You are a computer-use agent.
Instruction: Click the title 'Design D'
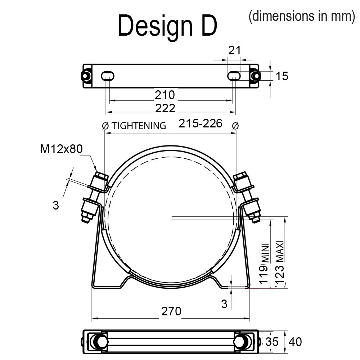pyautogui.click(x=167, y=26)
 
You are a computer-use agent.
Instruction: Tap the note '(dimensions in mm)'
pyautogui.click(x=302, y=16)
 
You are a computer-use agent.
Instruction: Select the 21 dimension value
pyautogui.click(x=234, y=50)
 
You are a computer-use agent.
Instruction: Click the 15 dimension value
pyautogui.click(x=282, y=76)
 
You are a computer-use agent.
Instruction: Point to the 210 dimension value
pyautogui.click(x=165, y=95)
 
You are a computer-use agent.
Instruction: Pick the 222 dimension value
pyautogui.click(x=165, y=108)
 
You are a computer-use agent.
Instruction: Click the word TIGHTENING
pyautogui.click(x=139, y=126)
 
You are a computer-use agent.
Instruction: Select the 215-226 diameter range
pyautogui.click(x=201, y=123)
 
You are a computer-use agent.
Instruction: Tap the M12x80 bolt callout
pyautogui.click(x=61, y=149)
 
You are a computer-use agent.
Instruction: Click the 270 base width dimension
pyautogui.click(x=171, y=311)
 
